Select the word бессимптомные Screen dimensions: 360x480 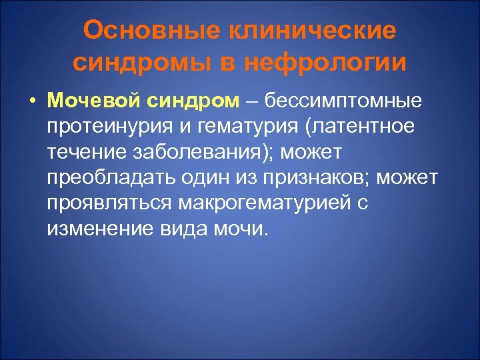pos(343,101)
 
